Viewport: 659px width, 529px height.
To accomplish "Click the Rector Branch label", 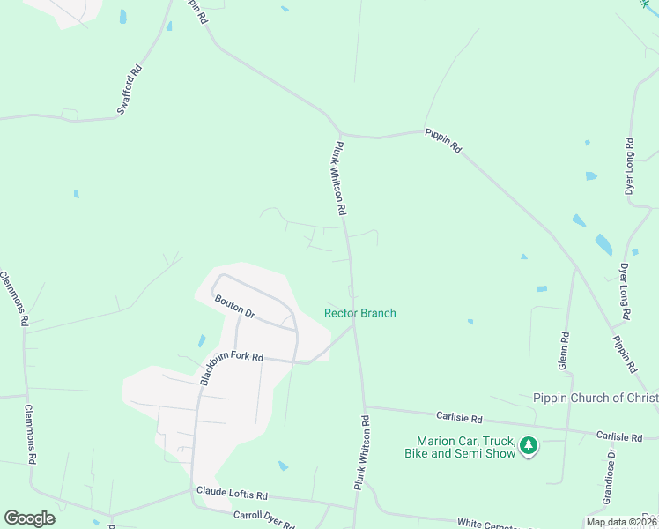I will pos(360,313).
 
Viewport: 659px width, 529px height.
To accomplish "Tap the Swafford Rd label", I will pos(130,90).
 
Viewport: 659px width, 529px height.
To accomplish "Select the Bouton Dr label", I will pos(235,307).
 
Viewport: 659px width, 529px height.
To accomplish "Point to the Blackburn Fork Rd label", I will pos(232,356).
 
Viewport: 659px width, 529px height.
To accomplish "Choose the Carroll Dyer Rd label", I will pos(263,519).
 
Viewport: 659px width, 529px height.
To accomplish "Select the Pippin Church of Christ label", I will pos(596,398).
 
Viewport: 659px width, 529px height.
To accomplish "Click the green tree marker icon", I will pos(529,446).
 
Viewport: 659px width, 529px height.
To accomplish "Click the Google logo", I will pos(29,518).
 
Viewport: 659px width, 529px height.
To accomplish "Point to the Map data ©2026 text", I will pos(620,522).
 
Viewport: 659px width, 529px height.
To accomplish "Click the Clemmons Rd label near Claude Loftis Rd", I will pos(31,435).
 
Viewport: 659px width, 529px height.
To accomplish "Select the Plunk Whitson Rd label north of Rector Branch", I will pos(339,180).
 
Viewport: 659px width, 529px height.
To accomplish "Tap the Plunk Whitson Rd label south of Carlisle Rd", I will pos(361,454).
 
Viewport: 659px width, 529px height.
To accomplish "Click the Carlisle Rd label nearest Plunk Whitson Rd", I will pos(459,416).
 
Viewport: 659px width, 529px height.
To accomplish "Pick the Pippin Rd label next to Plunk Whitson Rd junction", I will pos(443,140).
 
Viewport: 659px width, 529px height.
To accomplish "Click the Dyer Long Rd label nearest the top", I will pos(629,166).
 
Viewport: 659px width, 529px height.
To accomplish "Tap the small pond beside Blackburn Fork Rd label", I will pos(202,340).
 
